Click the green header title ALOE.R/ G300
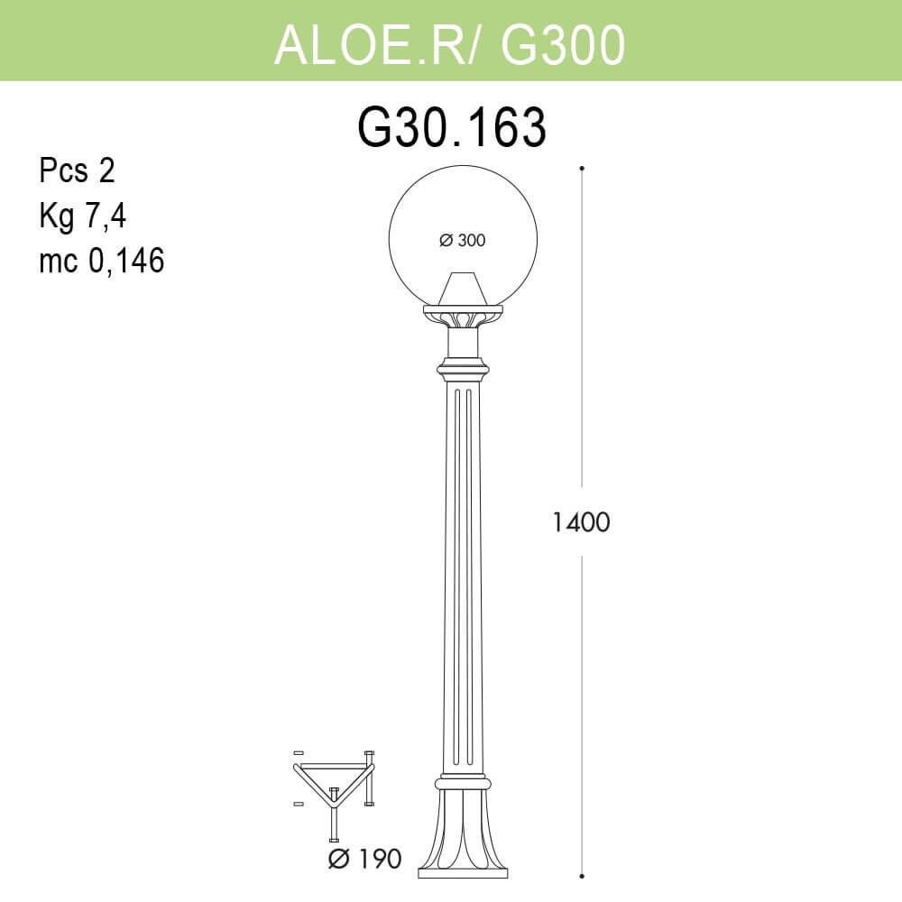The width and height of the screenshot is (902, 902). [x=449, y=43]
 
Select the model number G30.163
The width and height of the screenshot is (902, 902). [x=452, y=128]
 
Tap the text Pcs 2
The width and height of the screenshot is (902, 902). [x=78, y=170]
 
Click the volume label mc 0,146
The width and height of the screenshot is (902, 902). [x=102, y=262]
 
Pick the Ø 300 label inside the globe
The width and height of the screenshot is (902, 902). [x=462, y=240]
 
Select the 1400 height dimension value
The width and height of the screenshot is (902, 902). [x=582, y=522]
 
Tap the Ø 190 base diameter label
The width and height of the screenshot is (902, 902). [x=364, y=858]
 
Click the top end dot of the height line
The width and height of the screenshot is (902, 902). [x=582, y=168]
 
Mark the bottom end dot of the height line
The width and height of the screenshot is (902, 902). [x=582, y=873]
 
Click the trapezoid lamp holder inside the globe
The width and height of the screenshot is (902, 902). [x=463, y=288]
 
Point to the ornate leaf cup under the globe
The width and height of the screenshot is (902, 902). [x=463, y=317]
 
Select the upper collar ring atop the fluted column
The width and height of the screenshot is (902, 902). [x=463, y=369]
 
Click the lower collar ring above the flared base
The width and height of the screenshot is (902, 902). [x=463, y=784]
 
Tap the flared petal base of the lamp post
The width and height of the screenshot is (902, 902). [x=463, y=830]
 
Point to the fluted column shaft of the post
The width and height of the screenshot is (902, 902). [x=463, y=577]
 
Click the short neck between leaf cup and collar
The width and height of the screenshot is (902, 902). [x=463, y=343]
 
